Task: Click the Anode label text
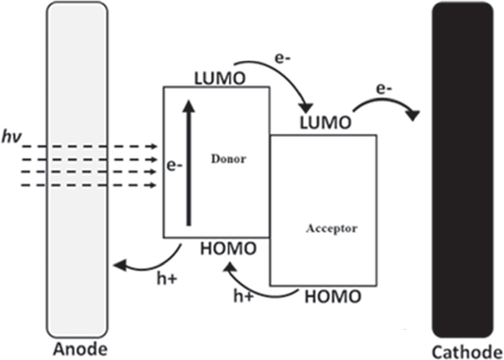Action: coord(80,349)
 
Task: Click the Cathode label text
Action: coord(467,351)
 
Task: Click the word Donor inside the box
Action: coord(228,159)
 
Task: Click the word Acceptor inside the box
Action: coord(331,228)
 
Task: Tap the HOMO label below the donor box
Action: coord(228,248)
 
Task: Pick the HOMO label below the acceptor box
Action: coord(333,296)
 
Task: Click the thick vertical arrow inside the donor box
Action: coord(189,162)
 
